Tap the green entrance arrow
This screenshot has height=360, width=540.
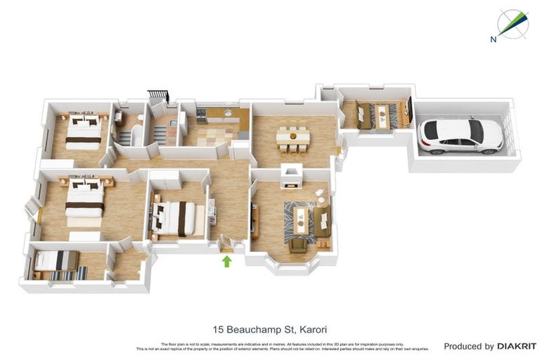226,262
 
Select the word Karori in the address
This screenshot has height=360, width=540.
312,328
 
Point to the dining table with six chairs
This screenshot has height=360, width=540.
292,137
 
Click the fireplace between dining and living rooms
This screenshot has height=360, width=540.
291,176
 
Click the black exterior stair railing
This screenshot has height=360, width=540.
158,95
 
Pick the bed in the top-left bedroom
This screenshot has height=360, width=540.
84,131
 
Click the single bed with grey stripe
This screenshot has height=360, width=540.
56,260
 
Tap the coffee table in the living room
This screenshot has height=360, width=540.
302,218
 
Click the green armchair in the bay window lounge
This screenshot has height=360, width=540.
298,245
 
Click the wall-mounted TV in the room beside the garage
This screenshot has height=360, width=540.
408,110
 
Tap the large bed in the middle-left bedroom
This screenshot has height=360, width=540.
84,200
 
